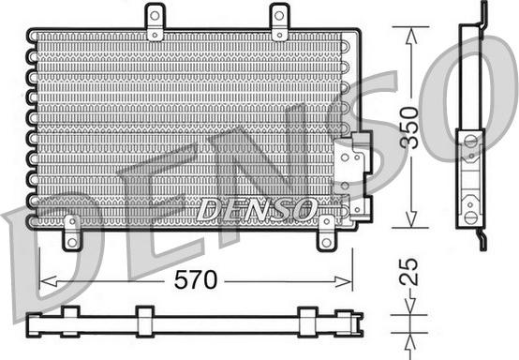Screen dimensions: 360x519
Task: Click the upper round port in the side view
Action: tap(470, 143)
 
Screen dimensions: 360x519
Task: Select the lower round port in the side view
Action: tap(470, 217)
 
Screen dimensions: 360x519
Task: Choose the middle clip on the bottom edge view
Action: tap(144, 319)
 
